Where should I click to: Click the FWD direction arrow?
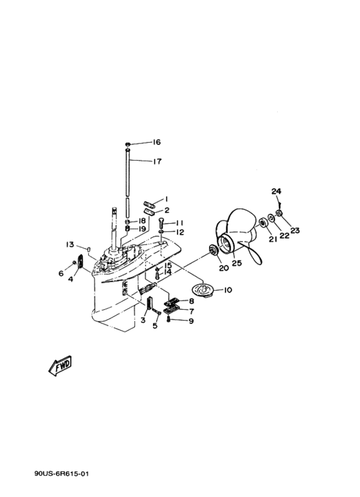tap(60, 365)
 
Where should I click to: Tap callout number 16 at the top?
tap(157, 142)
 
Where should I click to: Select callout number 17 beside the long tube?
tap(157, 161)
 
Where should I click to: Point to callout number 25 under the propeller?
tap(237, 263)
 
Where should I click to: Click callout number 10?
tap(228, 290)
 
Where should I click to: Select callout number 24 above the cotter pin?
tap(276, 191)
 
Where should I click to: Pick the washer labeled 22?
tap(271, 218)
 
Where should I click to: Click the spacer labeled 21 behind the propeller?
tap(262, 222)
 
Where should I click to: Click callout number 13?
tap(69, 245)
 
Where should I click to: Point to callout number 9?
tap(191, 321)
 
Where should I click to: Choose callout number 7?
tap(192, 311)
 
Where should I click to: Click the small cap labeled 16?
tap(128, 145)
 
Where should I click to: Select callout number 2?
tap(166, 210)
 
